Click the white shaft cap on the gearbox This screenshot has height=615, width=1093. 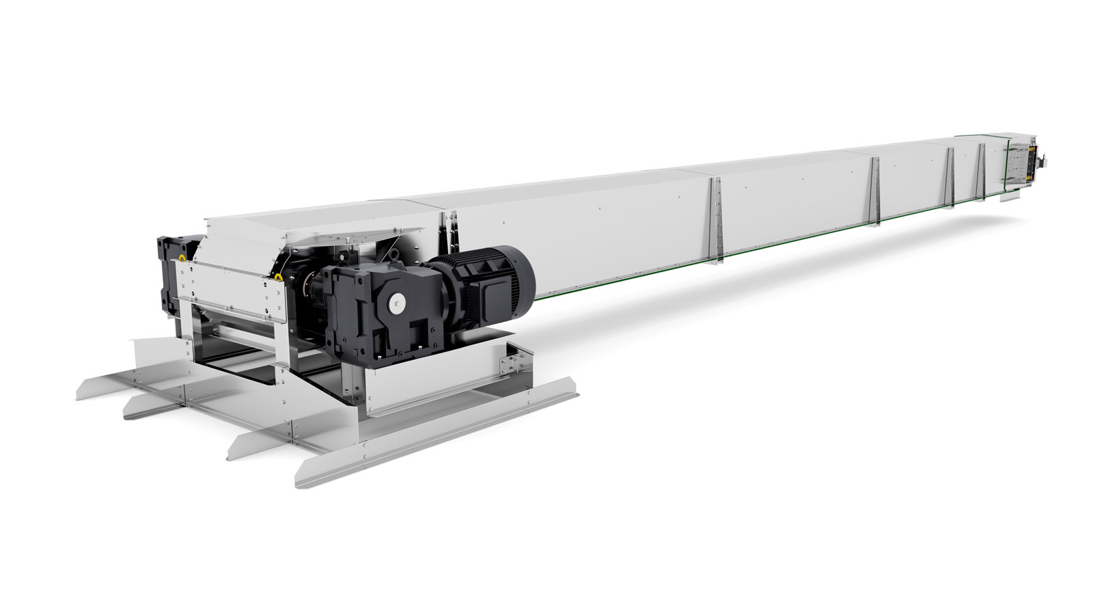(397, 301)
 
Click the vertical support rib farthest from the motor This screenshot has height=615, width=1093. (982, 167)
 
